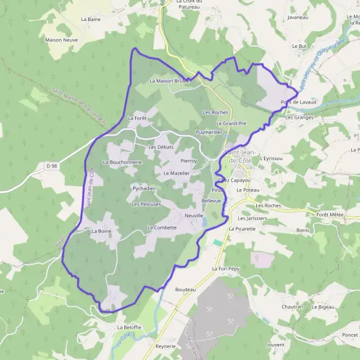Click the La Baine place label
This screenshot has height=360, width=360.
coord(90,19)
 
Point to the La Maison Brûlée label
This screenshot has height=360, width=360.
coord(169,80)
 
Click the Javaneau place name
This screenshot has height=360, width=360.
coord(298,17)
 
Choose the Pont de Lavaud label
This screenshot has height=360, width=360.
coord(298,103)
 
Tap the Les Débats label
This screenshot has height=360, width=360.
coord(161,147)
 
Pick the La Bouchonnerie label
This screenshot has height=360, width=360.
coord(122,162)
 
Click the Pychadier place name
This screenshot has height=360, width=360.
coord(144,188)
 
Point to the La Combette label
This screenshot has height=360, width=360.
coord(162,227)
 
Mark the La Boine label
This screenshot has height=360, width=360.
coord(101,230)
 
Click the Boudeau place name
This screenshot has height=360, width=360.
coord(185,289)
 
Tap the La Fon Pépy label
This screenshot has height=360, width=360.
coord(226,269)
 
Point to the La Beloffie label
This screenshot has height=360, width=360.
coord(129,327)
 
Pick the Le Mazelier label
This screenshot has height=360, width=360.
coord(176,173)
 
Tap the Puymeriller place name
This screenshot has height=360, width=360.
coord(209,131)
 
